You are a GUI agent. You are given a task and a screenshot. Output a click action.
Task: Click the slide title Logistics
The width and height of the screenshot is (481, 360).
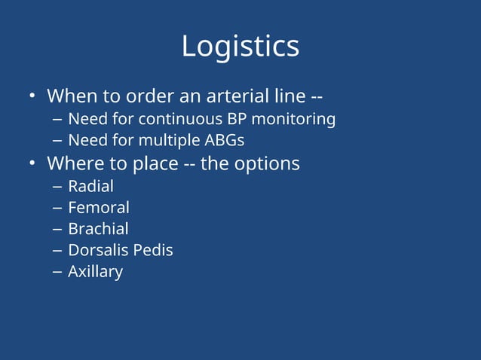click(x=240, y=47)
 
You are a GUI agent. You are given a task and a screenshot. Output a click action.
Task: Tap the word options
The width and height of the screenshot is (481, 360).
click(x=266, y=163)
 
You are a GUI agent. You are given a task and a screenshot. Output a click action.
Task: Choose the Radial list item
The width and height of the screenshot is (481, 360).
click(x=90, y=185)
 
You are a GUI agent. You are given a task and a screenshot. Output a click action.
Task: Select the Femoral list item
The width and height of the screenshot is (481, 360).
click(x=98, y=207)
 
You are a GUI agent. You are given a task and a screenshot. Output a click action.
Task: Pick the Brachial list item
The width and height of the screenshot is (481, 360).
click(x=98, y=229)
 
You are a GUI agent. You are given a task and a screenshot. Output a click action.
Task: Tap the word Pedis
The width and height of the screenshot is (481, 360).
click(x=154, y=250)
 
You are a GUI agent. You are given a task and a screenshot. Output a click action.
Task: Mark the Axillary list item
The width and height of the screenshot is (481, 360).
click(x=95, y=272)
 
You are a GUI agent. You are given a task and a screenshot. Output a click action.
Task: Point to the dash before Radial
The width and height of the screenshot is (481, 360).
click(x=57, y=186)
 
